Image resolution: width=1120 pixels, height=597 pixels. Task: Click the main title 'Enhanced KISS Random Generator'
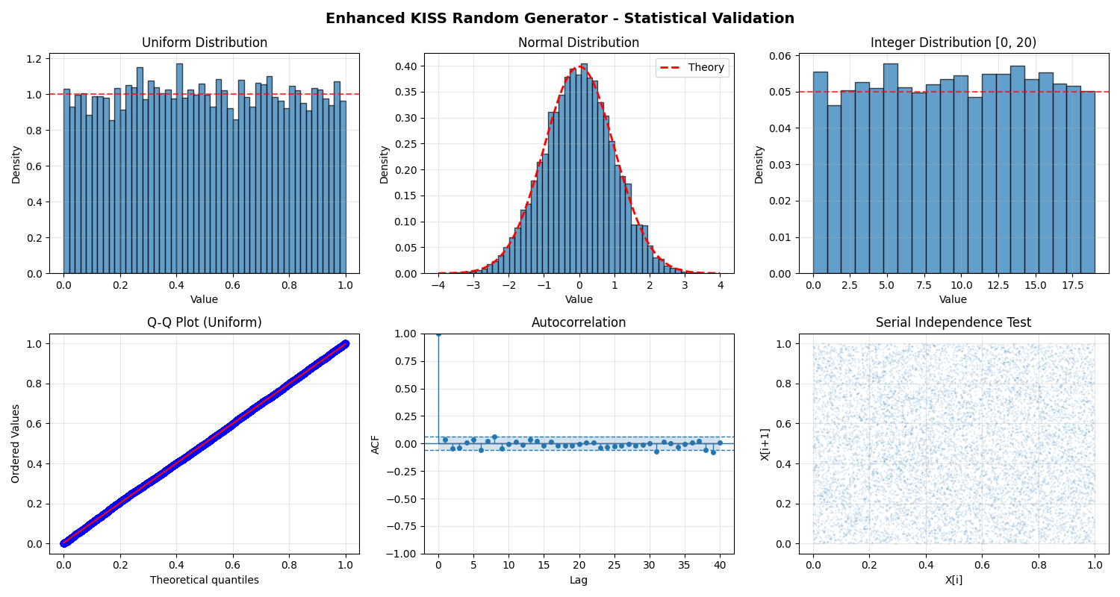coord(560,19)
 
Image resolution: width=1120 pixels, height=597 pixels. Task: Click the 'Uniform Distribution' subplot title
coord(205,43)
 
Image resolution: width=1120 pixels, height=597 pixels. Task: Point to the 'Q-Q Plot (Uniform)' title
coord(205,323)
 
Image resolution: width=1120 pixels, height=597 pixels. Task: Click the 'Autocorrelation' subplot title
coord(579,323)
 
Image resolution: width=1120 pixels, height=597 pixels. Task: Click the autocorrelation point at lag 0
coord(438,334)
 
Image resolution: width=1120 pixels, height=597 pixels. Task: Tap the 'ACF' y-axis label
coord(376,444)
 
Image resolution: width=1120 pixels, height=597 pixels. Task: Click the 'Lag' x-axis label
coord(579,580)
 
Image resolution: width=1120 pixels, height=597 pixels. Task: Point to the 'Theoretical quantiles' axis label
coord(205,580)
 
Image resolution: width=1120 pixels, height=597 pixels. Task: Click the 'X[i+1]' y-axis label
coord(765,444)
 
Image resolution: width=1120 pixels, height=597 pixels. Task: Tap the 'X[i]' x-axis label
coord(953,580)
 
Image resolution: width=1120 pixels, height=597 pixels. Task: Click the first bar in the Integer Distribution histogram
coord(820,172)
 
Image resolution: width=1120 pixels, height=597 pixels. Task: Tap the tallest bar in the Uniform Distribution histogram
coord(179,169)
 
